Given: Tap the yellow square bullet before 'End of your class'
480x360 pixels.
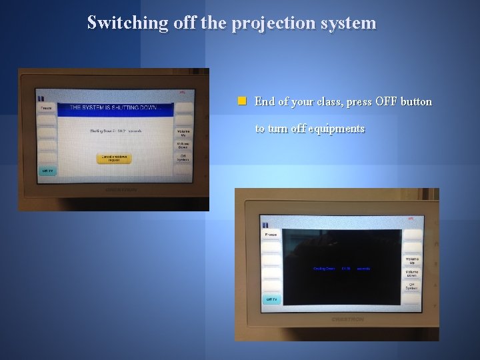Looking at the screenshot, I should (243, 101).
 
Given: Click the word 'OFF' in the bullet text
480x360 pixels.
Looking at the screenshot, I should (386, 102).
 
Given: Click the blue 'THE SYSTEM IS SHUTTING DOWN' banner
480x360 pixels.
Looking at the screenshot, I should (115, 107).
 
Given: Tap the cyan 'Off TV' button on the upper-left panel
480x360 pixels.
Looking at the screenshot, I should (47, 171).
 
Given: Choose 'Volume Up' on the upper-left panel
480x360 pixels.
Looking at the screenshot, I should (183, 132).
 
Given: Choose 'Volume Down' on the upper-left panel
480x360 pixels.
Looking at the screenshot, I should (183, 145).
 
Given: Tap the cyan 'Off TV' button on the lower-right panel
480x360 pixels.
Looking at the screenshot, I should (271, 299).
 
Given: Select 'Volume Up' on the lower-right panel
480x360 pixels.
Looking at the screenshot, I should (412, 260).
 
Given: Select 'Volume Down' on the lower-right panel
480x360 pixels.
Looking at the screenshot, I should (412, 273).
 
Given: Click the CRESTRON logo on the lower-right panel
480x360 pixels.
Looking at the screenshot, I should (347, 319).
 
